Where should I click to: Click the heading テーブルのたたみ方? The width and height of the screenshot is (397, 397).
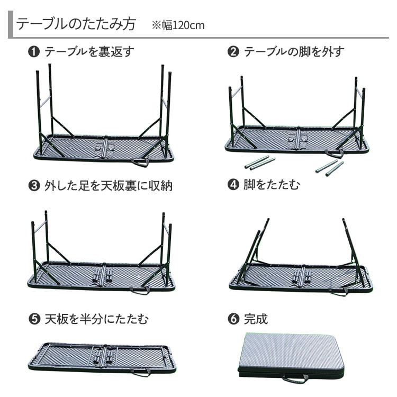76,24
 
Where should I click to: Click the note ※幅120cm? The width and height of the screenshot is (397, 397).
178,25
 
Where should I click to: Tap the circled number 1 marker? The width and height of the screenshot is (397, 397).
34,52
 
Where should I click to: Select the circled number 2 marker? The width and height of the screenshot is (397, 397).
233,52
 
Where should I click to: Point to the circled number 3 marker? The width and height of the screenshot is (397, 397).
34,186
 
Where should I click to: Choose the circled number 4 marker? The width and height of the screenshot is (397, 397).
233,185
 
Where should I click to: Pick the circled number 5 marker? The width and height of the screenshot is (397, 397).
34,319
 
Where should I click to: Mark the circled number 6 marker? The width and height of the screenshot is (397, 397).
233,319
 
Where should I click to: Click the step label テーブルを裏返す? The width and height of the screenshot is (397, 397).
89,52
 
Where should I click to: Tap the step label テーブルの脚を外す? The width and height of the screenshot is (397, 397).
294,52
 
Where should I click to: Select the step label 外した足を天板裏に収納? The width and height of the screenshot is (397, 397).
109,186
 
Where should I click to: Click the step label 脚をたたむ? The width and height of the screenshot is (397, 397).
272,185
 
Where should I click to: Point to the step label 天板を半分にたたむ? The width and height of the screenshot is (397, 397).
96,319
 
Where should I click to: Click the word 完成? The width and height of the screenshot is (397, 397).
256,319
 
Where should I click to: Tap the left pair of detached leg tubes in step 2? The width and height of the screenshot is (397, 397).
260,163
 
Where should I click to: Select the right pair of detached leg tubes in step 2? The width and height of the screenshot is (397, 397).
330,168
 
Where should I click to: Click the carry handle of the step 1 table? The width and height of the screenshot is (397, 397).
140,164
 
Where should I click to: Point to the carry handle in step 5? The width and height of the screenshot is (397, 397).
140,373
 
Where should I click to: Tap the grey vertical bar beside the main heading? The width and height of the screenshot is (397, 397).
11,24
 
